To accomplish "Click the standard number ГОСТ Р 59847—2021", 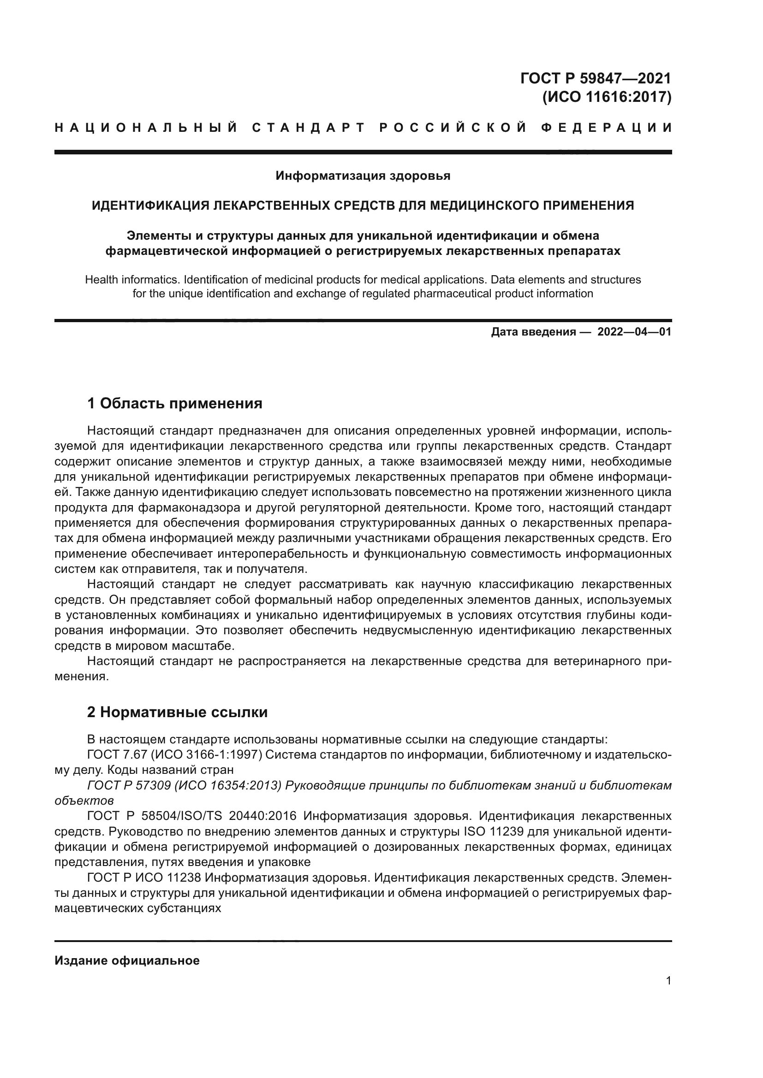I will [x=595, y=78].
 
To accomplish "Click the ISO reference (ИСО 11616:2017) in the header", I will [x=607, y=97].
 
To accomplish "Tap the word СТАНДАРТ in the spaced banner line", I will [x=309, y=128].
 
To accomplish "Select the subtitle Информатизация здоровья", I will [x=363, y=176].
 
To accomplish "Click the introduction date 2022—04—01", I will [x=634, y=332].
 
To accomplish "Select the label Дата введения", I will [x=533, y=332].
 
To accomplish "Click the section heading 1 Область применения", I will [x=175, y=403].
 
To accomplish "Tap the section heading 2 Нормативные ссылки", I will [x=177, y=712].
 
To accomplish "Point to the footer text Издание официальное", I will [x=127, y=960].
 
